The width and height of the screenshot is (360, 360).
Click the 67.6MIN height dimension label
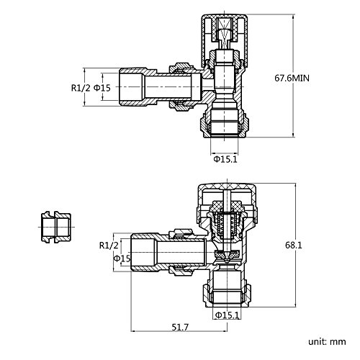292,78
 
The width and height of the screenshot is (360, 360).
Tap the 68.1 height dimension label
294,246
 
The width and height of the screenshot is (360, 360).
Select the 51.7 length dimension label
180,327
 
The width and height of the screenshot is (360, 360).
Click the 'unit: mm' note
327,341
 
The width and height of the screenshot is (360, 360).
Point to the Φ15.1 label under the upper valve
225,159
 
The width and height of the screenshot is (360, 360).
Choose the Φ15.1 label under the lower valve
228,315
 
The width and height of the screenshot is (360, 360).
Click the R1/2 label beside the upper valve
81,88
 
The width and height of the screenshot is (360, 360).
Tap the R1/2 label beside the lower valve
109,246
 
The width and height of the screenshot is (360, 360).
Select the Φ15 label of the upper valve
102,88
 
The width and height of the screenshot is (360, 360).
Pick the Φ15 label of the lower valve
122,258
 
